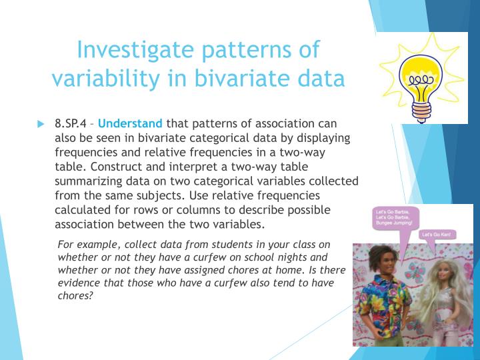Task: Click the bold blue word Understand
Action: point(130,123)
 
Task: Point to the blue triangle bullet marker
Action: point(41,124)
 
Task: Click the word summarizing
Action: point(90,181)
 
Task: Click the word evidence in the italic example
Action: point(81,283)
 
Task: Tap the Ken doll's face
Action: point(383,261)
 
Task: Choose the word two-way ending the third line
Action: point(320,152)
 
